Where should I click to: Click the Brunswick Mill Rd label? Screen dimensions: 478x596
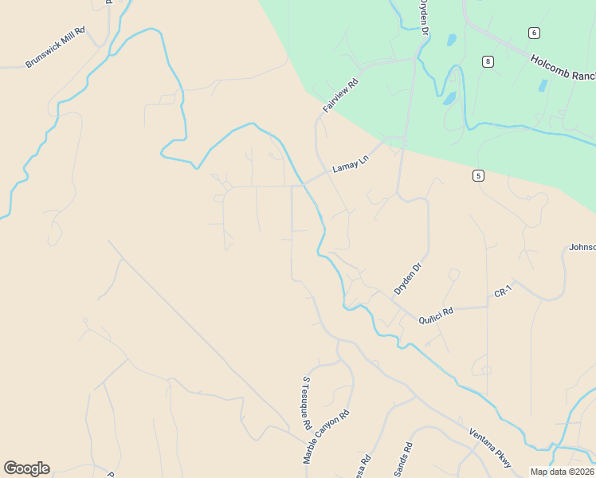point(55,47)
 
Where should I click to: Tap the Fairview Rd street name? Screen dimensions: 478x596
point(341,95)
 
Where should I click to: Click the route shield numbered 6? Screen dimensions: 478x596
point(533,32)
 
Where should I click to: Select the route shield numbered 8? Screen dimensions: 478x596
point(488,61)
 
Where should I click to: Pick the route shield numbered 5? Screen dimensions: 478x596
point(478,175)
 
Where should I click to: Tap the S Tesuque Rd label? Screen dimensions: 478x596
point(306,404)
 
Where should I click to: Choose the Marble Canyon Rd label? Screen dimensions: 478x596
point(327,437)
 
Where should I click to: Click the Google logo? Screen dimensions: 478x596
point(26,468)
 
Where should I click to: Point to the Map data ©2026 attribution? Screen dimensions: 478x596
point(562,472)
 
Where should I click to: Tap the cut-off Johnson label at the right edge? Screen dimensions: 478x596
point(582,247)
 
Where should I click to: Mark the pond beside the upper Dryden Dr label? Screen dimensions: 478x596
point(451,39)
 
